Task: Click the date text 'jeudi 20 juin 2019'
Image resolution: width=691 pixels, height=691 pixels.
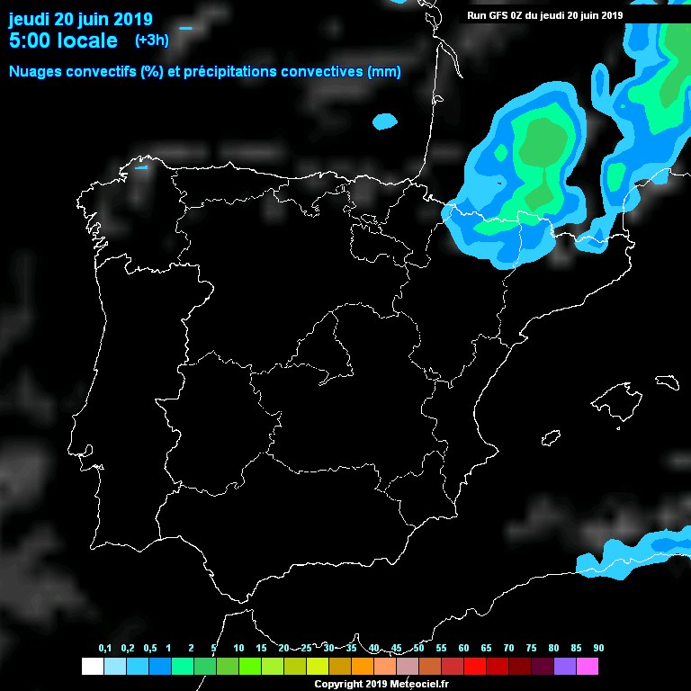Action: [x=80, y=19]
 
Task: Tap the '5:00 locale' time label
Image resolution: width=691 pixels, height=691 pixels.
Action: [x=63, y=40]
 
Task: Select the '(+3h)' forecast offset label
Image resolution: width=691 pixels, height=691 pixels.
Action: [x=151, y=40]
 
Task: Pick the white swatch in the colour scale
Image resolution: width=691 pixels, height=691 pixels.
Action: [x=92, y=666]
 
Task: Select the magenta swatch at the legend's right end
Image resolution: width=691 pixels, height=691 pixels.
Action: [x=588, y=666]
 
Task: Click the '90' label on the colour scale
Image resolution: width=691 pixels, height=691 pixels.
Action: [x=598, y=649]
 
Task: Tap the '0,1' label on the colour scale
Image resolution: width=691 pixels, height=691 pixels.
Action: [x=105, y=649]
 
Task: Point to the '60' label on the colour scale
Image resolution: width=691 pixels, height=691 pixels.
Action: [x=463, y=649]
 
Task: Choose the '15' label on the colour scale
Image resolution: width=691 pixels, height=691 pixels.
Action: [x=261, y=649]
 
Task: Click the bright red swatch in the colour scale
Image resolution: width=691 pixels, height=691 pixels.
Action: [x=474, y=666]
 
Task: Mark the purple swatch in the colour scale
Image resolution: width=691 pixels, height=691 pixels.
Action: [x=565, y=666]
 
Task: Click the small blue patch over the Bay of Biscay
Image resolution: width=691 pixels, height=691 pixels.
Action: [x=385, y=121]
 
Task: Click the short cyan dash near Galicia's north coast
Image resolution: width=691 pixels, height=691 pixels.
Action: [x=140, y=167]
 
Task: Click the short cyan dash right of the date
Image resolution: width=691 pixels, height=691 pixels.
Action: [x=186, y=29]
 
